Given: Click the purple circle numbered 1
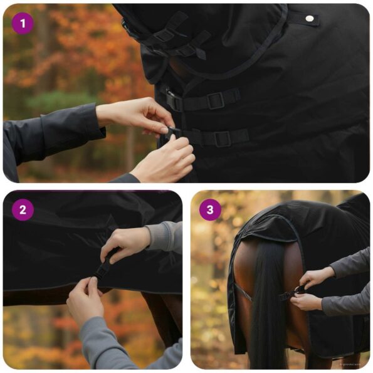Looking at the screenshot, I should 23,24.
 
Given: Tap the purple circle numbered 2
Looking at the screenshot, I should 23,210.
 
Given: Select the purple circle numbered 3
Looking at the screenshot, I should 210,210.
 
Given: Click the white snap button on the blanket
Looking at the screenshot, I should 308,19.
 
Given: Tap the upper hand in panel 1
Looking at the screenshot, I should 135,116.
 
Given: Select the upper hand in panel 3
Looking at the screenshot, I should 317,276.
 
